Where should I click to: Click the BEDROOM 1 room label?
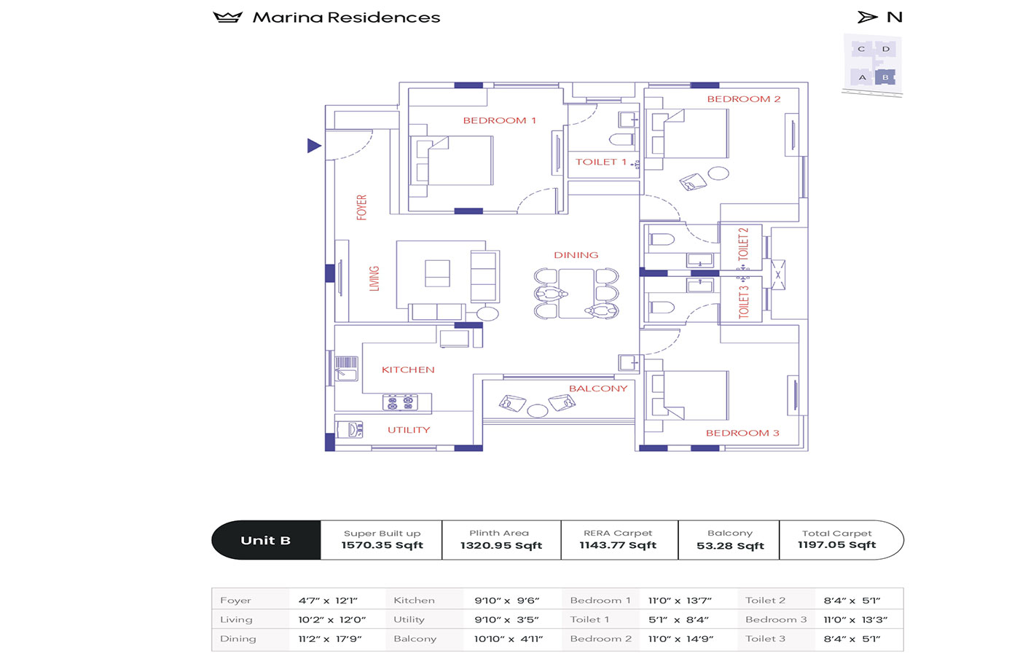(499, 120)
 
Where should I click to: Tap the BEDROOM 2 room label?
(743, 99)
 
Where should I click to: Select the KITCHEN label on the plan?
(408, 369)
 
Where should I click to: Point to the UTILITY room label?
(409, 430)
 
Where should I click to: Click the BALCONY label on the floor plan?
(597, 388)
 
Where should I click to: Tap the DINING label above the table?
(576, 255)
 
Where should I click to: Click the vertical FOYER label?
(361, 207)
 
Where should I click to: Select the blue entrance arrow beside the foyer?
(314, 146)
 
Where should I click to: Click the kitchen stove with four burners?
(400, 402)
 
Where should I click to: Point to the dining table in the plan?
(576, 293)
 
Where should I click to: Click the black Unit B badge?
(266, 540)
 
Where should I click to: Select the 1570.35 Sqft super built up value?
(382, 545)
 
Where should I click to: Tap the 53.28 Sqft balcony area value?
(730, 546)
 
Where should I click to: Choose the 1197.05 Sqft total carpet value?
(836, 545)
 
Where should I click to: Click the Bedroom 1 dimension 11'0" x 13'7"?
(680, 601)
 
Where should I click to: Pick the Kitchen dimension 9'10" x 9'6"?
(506, 601)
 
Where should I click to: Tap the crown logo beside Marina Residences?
(227, 17)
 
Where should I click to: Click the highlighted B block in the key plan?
(885, 77)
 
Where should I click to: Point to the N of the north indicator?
(895, 17)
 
